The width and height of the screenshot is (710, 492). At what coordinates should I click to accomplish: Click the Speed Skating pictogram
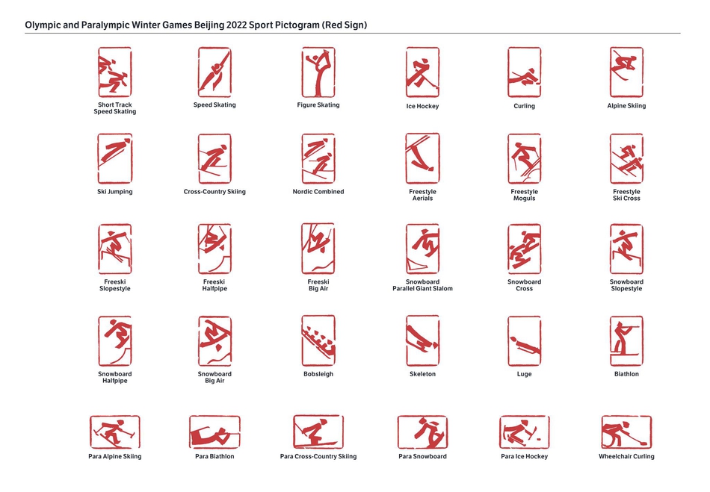pyautogui.click(x=214, y=72)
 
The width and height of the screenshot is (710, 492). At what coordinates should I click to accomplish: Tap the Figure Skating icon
pyautogui.click(x=318, y=72)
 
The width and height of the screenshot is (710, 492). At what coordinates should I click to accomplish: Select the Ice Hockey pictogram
pyautogui.click(x=422, y=72)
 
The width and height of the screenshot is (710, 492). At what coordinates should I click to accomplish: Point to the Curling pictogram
pyautogui.click(x=525, y=72)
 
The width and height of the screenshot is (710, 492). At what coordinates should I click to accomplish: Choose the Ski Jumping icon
pyautogui.click(x=115, y=158)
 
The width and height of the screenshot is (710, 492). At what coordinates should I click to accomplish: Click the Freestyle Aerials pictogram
pyautogui.click(x=422, y=158)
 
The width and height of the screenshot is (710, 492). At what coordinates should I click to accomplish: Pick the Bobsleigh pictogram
pyautogui.click(x=318, y=341)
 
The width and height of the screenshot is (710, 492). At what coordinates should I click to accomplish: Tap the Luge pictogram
pyautogui.click(x=525, y=341)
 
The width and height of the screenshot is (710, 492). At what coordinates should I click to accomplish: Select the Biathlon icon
pyautogui.click(x=627, y=341)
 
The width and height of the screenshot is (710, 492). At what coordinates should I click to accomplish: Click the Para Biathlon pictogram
pyautogui.click(x=214, y=432)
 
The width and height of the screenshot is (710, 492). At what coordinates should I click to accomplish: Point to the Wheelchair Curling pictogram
pyautogui.click(x=627, y=432)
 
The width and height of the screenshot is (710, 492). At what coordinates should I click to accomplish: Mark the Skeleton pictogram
pyautogui.click(x=422, y=341)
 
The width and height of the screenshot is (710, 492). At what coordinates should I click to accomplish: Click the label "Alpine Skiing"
pyautogui.click(x=627, y=106)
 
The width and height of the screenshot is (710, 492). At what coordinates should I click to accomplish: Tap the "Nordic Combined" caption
pyautogui.click(x=318, y=192)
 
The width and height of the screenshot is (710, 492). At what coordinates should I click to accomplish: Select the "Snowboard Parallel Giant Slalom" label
pyautogui.click(x=422, y=285)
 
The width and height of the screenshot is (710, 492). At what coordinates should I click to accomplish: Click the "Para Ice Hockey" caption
pyautogui.click(x=525, y=456)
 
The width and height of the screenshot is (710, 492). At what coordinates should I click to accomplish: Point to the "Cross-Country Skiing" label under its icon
pyautogui.click(x=214, y=192)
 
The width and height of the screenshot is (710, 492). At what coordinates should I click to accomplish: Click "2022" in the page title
pyautogui.click(x=236, y=25)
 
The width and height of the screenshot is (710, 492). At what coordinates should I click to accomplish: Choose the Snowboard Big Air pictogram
pyautogui.click(x=214, y=341)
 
